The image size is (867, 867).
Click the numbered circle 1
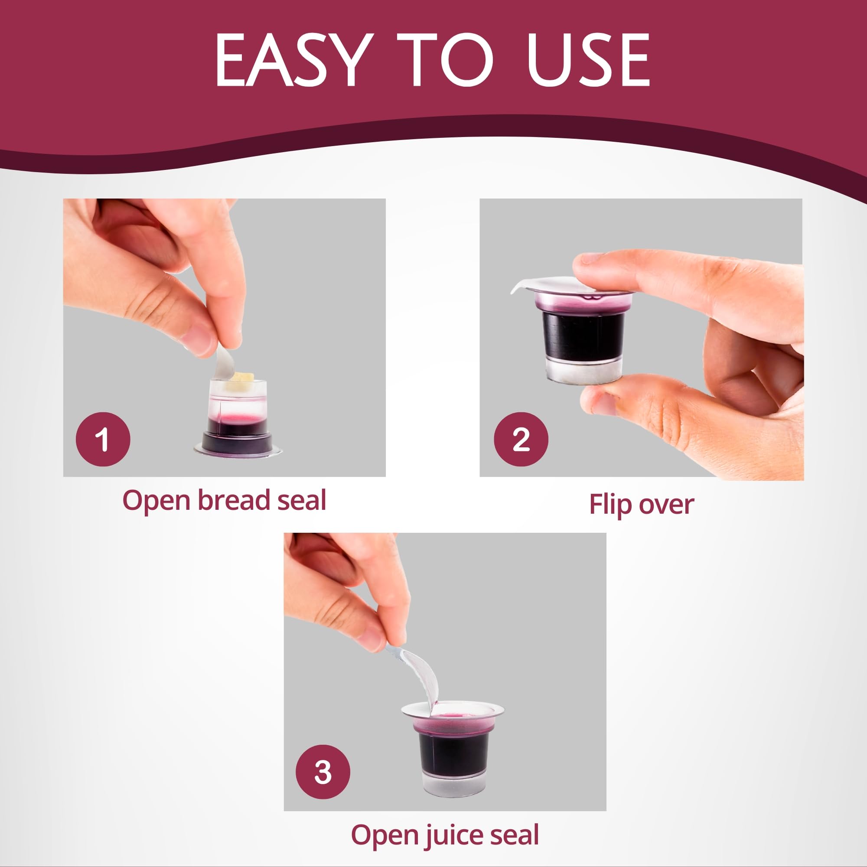[103, 439]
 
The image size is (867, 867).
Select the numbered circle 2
[521, 439]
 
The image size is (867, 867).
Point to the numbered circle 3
[323, 772]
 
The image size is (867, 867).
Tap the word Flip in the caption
[611, 504]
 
